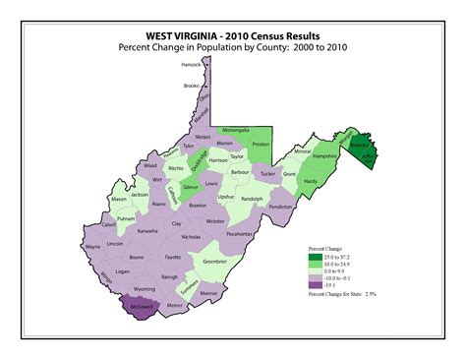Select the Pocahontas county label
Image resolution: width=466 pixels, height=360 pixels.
point(239,234)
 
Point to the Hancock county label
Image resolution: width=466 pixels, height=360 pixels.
point(191,65)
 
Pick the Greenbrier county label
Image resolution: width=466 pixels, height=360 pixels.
point(215,262)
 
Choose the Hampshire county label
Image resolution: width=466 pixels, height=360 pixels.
point(325,156)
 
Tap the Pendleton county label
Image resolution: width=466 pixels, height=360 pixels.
point(279,208)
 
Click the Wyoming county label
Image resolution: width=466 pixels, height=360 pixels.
point(145,289)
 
